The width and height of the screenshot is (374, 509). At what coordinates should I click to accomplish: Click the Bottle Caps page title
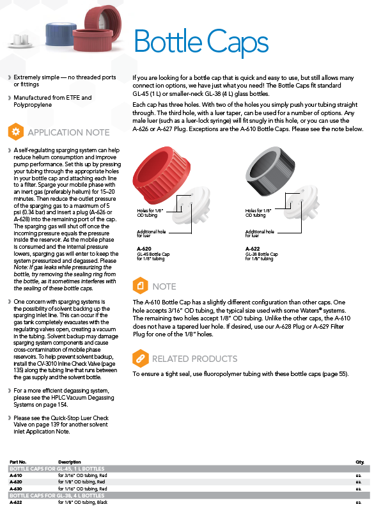pos(201,42)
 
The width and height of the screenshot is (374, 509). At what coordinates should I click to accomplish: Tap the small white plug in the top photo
pos(20,40)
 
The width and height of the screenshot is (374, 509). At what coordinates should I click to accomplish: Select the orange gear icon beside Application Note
pos(15,132)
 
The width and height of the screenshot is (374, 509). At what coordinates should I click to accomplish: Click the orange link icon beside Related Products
pos(140,358)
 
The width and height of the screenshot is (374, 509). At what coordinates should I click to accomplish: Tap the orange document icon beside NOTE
pos(140,286)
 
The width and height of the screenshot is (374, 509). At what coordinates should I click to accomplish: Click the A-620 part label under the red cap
pos(144,249)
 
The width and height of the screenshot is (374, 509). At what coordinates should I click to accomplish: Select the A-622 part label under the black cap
pos(253,249)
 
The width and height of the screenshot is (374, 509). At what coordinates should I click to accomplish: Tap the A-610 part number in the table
pos(16,475)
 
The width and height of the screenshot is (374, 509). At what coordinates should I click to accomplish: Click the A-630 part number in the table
pos(16,489)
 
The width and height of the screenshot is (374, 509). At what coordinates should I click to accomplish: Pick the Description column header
pos(70,462)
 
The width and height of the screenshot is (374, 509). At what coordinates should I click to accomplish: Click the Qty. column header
pos(360,462)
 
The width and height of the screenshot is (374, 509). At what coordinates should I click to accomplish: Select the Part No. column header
pos(18,462)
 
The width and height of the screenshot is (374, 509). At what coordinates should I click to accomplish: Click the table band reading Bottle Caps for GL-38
pos(189,496)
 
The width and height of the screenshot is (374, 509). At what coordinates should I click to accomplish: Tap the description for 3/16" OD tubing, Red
pos(82,475)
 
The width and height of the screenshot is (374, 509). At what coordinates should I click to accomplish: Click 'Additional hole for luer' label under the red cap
pos(152,233)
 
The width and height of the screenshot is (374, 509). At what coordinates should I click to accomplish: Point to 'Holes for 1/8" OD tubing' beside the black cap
pos(258,213)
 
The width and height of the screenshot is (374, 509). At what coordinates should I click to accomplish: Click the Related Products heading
pos(195,359)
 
